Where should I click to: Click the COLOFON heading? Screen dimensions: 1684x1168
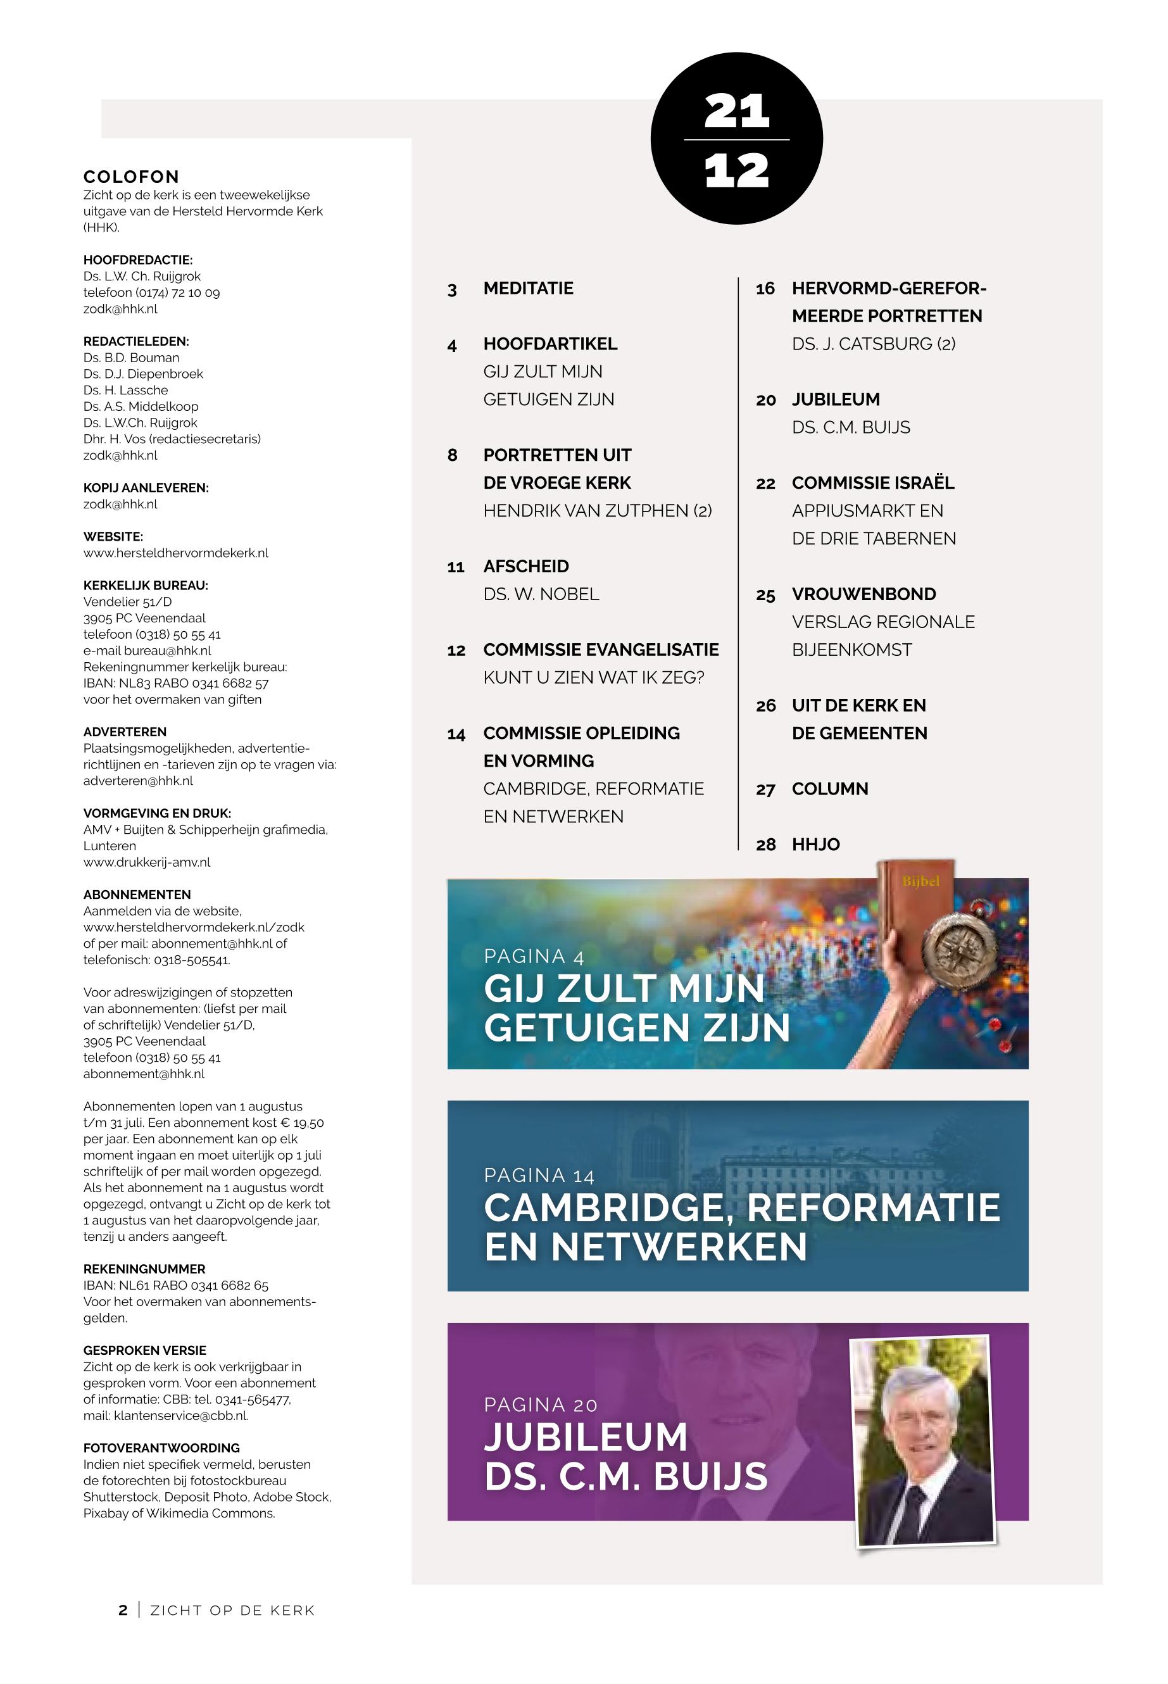131,177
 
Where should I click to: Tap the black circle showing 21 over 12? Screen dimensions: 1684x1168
736,139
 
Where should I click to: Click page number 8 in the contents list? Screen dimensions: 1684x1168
452,455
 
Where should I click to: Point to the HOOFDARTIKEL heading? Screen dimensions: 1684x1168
549,344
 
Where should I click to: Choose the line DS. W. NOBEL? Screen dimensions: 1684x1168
541,594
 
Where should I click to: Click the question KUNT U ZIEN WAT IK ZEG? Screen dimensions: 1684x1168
594,677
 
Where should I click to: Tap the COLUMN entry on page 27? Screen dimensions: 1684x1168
829,789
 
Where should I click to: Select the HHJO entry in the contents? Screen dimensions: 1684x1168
815,845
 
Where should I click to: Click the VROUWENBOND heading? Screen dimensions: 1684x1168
863,594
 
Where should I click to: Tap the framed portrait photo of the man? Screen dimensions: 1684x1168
924,1441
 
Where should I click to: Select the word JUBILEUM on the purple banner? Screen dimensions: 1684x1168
586,1436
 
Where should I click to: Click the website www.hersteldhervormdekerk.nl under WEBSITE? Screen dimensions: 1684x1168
175,553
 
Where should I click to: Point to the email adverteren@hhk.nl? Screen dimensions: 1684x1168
138,781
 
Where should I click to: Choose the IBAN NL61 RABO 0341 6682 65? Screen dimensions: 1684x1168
175,1285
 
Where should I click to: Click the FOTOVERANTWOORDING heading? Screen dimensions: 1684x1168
161,1448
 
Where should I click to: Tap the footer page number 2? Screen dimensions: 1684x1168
123,1610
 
